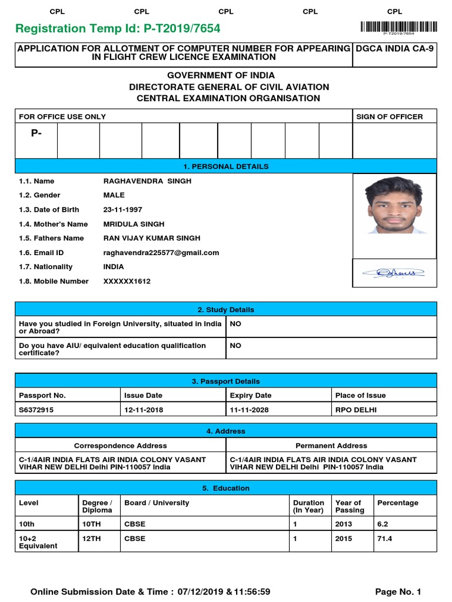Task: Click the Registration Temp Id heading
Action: [x=118, y=29]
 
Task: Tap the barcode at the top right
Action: [x=399, y=26]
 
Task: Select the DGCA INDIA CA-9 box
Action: [x=394, y=49]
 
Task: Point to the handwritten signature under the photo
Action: [x=393, y=272]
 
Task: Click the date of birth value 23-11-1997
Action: [x=122, y=210]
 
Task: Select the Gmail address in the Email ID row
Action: [x=161, y=253]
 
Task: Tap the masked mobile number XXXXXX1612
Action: [x=127, y=282]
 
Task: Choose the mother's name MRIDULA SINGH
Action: [x=134, y=224]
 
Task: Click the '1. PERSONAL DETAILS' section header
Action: [x=226, y=166]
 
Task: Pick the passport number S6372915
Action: [x=36, y=410]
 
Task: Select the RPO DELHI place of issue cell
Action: [x=356, y=410]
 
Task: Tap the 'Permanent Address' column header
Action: [x=331, y=446]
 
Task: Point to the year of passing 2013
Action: [x=343, y=524]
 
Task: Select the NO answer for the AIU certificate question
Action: [x=235, y=346]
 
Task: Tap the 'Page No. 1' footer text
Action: [x=398, y=591]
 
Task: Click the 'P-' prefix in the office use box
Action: [x=36, y=133]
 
